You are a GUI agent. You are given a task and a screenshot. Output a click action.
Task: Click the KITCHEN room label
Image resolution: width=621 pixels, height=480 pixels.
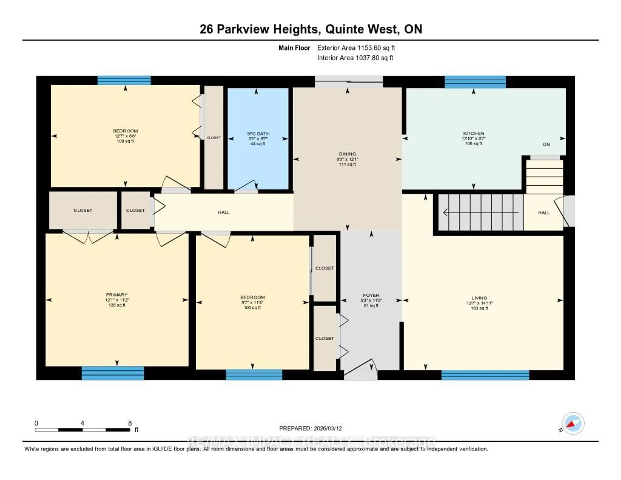coord(473,133)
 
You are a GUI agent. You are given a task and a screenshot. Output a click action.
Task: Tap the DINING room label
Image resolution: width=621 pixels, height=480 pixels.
coord(347,154)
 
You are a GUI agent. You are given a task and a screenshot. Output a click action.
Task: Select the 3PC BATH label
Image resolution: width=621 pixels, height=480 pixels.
coord(258,134)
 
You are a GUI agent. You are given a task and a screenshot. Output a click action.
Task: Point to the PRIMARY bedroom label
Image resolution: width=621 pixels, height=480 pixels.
coord(117,295)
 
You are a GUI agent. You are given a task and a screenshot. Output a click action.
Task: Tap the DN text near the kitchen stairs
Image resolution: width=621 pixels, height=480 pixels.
coord(546,144)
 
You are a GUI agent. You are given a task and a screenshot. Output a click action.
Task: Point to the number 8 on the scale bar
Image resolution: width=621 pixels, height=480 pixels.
coord(130,423)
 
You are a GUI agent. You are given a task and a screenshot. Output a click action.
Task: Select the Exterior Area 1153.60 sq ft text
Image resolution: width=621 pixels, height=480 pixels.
coord(356,48)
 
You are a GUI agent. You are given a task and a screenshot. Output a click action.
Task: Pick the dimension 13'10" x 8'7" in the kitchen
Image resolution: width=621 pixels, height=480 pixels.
coord(473,139)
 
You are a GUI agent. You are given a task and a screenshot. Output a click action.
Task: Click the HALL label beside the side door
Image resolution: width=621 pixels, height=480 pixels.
coord(544,212)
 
